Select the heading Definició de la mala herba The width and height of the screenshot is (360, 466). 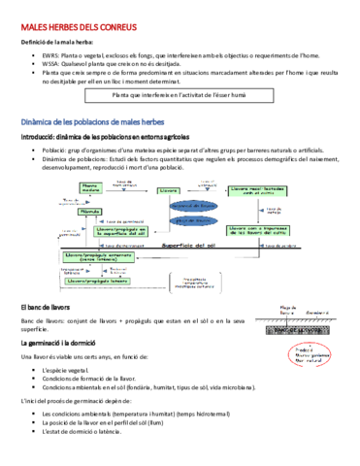click(x=56, y=42)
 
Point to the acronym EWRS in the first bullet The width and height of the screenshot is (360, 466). click(x=50, y=57)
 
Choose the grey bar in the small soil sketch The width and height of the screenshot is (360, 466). click(x=296, y=303)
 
